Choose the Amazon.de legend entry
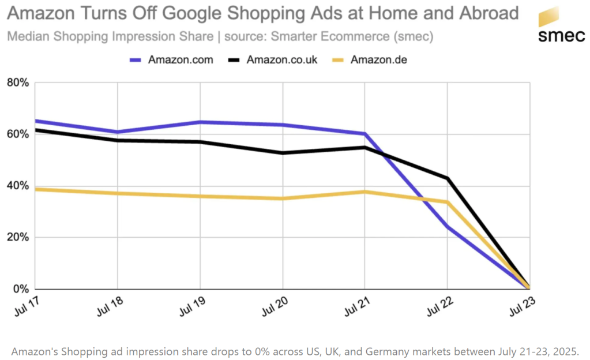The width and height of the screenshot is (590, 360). (x=378, y=59)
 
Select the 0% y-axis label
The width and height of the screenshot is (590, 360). (x=20, y=288)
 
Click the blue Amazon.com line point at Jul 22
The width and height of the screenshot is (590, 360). (x=448, y=227)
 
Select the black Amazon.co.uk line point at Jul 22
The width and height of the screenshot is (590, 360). (x=448, y=178)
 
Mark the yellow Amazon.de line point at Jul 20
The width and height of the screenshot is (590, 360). (x=283, y=198)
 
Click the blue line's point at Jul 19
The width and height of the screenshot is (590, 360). (x=200, y=122)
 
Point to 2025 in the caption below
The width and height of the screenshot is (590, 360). (x=563, y=351)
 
